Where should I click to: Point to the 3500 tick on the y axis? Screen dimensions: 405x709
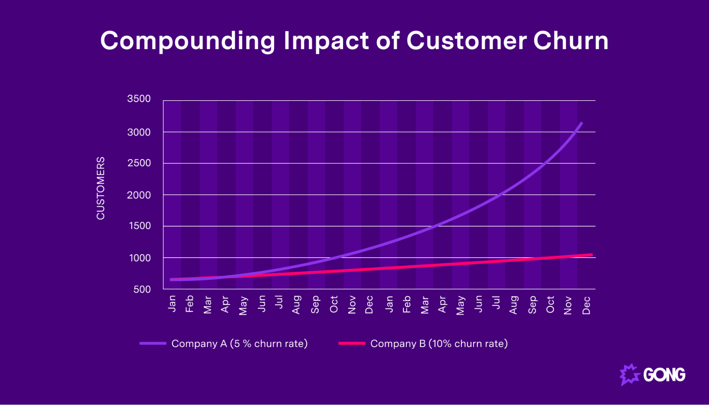pos(139,99)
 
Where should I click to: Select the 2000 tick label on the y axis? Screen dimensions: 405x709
pos(139,195)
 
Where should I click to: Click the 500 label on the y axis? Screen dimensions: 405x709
pos(142,289)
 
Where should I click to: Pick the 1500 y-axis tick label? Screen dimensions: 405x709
pos(139,226)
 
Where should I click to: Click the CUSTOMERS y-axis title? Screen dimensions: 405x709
pos(101,188)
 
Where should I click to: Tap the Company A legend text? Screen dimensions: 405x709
pos(239,343)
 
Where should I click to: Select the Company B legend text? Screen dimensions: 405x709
pos(439,343)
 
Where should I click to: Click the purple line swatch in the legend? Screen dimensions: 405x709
pos(153,343)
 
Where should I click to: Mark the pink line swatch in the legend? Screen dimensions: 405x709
pos(351,343)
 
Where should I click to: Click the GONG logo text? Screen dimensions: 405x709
pos(664,375)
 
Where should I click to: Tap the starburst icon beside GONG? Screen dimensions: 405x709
pos(630,374)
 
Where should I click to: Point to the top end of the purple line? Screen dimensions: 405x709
pos(581,123)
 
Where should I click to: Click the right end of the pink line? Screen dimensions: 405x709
pos(592,255)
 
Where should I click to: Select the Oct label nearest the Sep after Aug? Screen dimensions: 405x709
pos(334,304)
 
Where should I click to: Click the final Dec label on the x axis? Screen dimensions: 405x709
pos(586,305)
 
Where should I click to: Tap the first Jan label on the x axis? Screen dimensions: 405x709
pos(172,304)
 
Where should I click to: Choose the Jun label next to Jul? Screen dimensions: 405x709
pos(261,304)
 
